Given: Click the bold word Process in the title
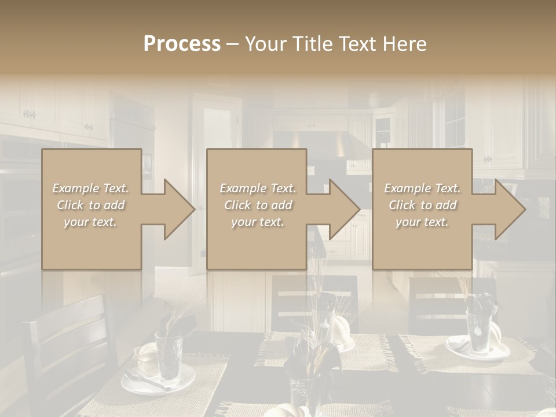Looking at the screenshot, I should pyautogui.click(x=182, y=43).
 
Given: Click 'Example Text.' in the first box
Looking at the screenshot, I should pyautogui.click(x=90, y=188).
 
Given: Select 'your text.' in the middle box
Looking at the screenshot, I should pyautogui.click(x=257, y=222).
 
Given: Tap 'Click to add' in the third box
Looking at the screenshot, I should pyautogui.click(x=422, y=205).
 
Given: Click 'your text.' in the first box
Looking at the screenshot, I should pyautogui.click(x=90, y=222).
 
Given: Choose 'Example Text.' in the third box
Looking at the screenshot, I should pyautogui.click(x=422, y=188).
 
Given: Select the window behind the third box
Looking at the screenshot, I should pyautogui.click(x=455, y=119).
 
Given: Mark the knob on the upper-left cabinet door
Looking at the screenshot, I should pyautogui.click(x=29, y=115).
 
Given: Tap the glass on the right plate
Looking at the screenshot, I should pyautogui.click(x=480, y=330).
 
